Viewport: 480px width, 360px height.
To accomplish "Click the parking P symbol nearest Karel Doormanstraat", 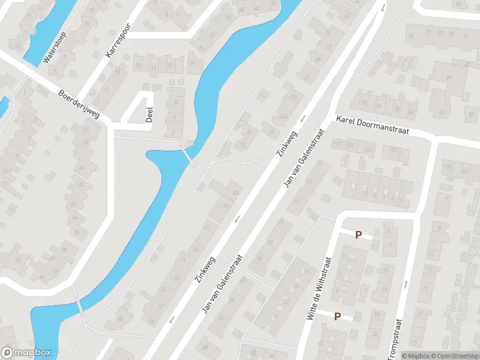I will [x=359, y=235].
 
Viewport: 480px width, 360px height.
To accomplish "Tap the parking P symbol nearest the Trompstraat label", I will [x=337, y=316].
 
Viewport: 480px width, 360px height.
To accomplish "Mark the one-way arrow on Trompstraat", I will [x=406, y=283].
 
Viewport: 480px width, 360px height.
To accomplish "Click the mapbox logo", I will [x=26, y=353].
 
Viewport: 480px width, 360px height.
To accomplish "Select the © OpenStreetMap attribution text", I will [x=456, y=356].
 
